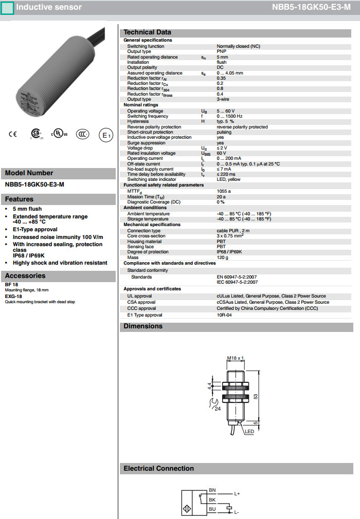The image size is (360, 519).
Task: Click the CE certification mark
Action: (x=13, y=135)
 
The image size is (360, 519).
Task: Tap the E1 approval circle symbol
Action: (x=105, y=135)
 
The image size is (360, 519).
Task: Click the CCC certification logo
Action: (x=82, y=135)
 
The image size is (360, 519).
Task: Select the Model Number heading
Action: (x=29, y=173)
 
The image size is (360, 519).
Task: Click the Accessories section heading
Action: (x=25, y=276)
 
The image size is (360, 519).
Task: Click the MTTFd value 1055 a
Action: (x=224, y=191)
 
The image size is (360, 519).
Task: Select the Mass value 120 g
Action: (x=223, y=257)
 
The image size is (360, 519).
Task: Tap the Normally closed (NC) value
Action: (x=238, y=46)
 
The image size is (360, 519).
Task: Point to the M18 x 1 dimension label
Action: (x=235, y=358)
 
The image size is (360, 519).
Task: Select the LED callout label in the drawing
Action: (x=249, y=432)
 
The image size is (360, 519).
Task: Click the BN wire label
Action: (x=212, y=490)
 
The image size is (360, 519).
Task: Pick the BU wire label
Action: (x=212, y=509)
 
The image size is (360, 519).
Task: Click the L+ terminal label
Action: (x=237, y=494)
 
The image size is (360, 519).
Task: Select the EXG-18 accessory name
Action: (x=13, y=296)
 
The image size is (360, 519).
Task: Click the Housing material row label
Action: (x=145, y=242)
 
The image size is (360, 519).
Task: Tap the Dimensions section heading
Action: (x=143, y=326)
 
